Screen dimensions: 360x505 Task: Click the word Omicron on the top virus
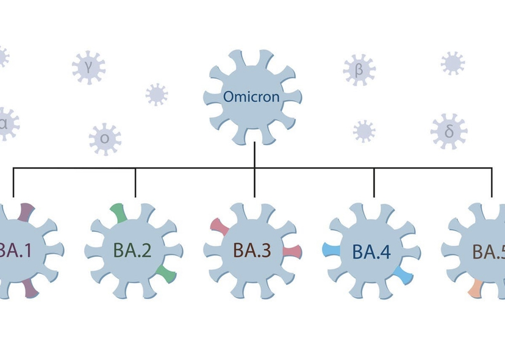pyautogui.click(x=252, y=97)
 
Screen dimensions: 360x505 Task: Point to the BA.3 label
pyautogui.click(x=252, y=251)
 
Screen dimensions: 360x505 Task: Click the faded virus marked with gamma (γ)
pyautogui.click(x=88, y=67)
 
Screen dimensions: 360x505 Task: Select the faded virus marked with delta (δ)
pyautogui.click(x=448, y=131)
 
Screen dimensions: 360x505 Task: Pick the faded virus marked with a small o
pyautogui.click(x=105, y=139)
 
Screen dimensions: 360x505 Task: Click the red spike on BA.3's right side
pyautogui.click(x=292, y=251)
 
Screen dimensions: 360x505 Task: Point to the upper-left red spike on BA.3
pyautogui.click(x=219, y=226)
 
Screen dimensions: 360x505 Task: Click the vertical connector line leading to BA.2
pyautogui.click(x=135, y=183)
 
